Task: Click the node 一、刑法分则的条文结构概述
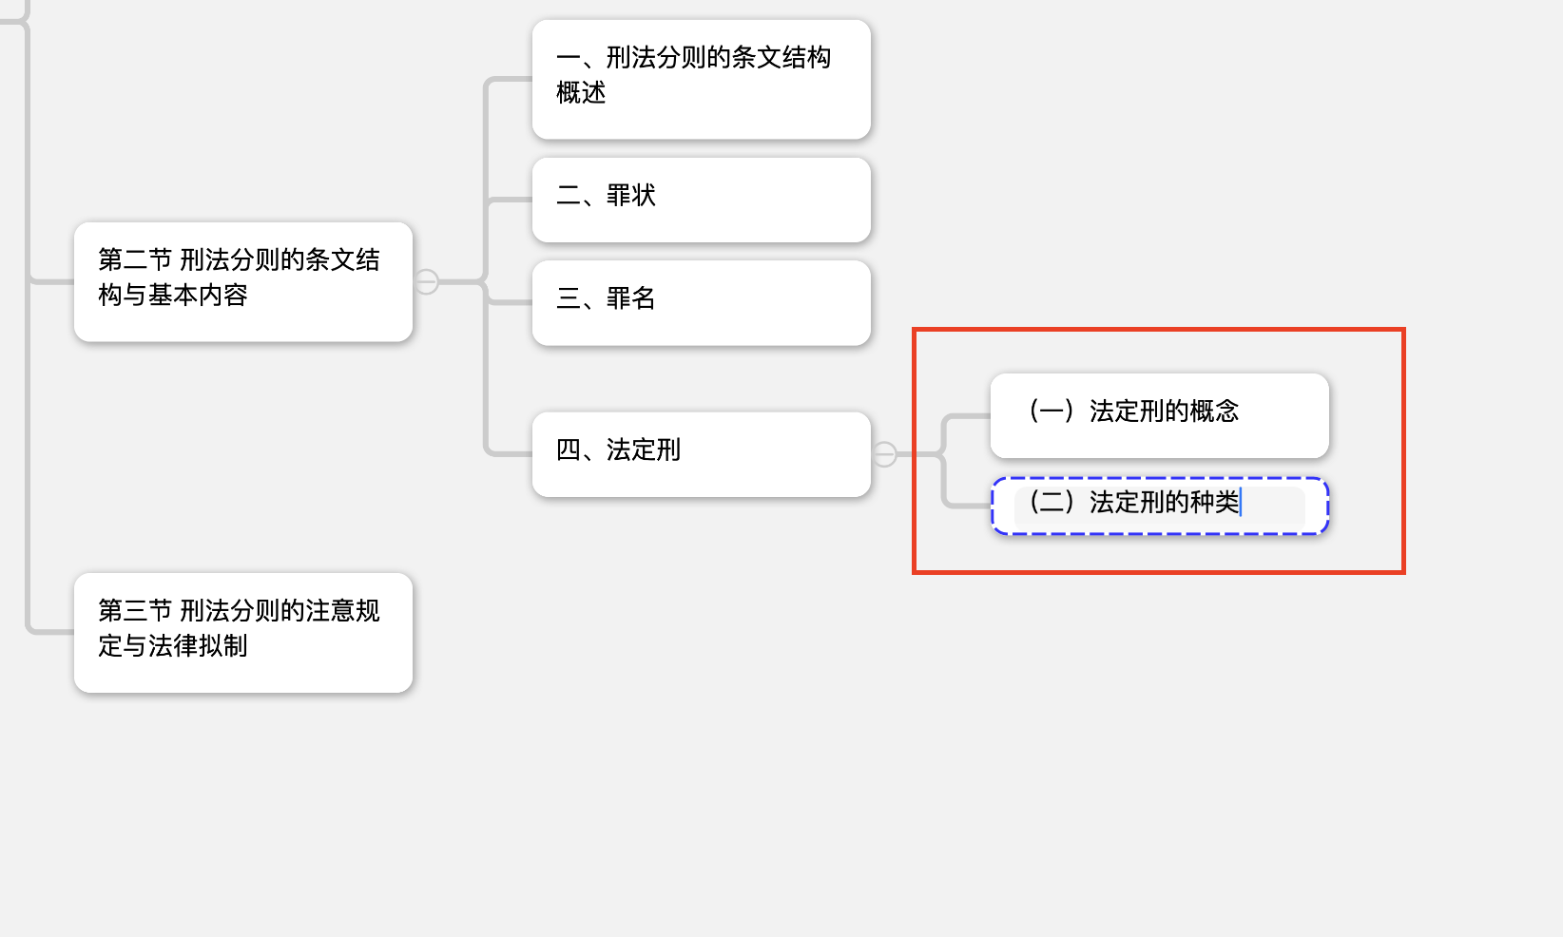click(x=702, y=80)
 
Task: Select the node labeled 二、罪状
click(x=702, y=201)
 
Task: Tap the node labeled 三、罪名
click(x=702, y=303)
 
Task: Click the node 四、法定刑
click(x=702, y=454)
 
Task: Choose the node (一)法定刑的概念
click(x=1160, y=416)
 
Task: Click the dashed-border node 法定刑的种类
click(x=1160, y=506)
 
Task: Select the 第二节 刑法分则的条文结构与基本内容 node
click(x=242, y=282)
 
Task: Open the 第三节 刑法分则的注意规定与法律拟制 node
click(x=242, y=633)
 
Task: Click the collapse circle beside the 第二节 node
click(x=426, y=282)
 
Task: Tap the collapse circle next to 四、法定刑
click(x=885, y=454)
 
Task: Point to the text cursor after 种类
click(x=1241, y=503)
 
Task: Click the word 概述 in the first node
click(x=581, y=93)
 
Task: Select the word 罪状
click(x=631, y=196)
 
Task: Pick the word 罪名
click(x=631, y=297)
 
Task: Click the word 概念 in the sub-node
click(x=1215, y=411)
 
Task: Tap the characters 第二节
click(x=135, y=259)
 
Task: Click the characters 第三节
click(x=135, y=610)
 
